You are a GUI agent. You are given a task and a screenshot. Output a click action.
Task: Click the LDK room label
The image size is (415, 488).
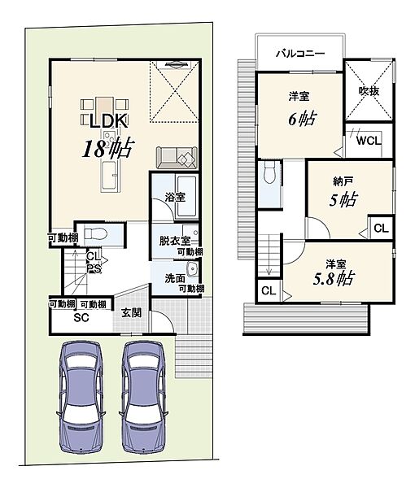[109, 121]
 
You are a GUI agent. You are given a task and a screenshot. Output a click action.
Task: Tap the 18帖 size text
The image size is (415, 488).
[108, 148]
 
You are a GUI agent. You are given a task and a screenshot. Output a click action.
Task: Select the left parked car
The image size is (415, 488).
[81, 397]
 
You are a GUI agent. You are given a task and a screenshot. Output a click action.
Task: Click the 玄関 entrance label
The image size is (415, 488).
[131, 313]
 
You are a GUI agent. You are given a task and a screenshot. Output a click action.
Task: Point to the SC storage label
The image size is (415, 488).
[81, 317]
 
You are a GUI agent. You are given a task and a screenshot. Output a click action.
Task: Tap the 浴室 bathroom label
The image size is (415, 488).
[175, 197]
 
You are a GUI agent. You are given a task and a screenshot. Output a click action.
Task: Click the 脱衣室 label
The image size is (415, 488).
[175, 241]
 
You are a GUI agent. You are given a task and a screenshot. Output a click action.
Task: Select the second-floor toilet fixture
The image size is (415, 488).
[269, 173]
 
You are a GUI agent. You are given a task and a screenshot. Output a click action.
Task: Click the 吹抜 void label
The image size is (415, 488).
[369, 91]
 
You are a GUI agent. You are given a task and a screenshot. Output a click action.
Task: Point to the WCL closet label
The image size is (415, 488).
[369, 141]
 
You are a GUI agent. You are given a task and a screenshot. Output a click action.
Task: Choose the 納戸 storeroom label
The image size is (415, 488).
[343, 181]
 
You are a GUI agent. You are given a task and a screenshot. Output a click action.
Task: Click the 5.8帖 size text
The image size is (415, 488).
[333, 278]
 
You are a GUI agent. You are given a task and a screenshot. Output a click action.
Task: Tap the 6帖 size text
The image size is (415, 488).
[303, 119]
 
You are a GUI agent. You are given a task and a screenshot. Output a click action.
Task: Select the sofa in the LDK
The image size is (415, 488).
[177, 158]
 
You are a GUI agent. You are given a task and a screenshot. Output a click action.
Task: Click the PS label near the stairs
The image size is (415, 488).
[94, 268]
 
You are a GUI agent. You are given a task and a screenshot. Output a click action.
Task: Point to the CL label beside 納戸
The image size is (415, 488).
[382, 229]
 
